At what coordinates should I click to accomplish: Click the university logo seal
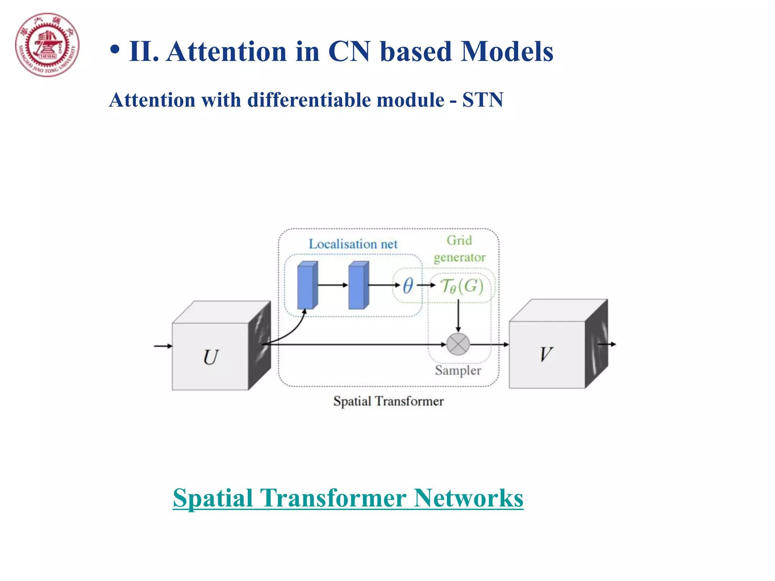click(47, 45)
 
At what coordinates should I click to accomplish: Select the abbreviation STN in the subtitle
click(482, 100)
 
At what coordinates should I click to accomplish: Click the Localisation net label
click(353, 244)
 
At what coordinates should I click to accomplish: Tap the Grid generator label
click(459, 249)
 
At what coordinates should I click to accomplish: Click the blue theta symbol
click(408, 285)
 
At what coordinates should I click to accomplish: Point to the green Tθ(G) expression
click(462, 286)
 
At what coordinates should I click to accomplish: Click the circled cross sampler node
click(458, 344)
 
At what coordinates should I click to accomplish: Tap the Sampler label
click(458, 370)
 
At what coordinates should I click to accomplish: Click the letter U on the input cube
click(211, 357)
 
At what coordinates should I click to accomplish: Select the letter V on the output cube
click(546, 354)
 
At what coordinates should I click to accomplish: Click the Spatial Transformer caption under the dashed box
click(388, 401)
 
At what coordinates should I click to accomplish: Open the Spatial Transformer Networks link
click(348, 498)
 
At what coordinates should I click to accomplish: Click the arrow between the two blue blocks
click(333, 285)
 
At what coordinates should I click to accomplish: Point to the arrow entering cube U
click(163, 346)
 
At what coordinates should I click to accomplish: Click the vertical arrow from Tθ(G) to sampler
click(458, 316)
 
